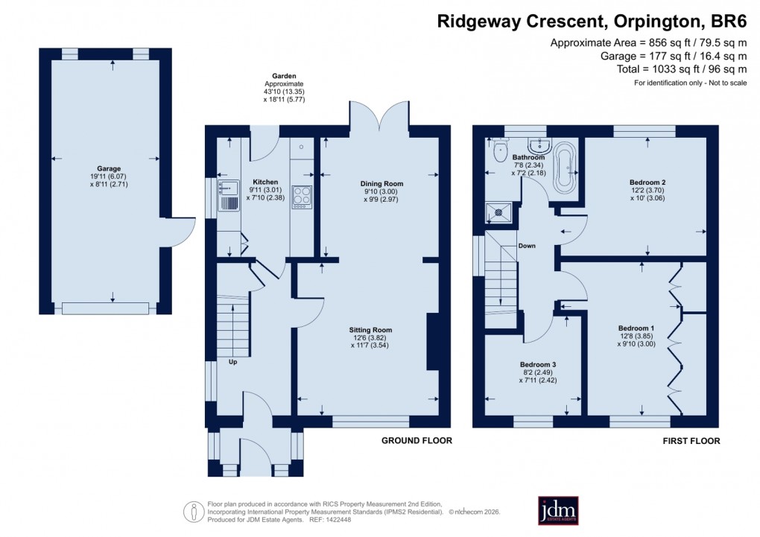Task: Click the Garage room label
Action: click(x=109, y=168)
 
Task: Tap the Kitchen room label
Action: click(x=265, y=182)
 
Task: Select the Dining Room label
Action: click(x=381, y=183)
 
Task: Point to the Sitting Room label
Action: click(x=370, y=329)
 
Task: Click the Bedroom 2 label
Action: click(x=647, y=182)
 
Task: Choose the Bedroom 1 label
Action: click(x=636, y=328)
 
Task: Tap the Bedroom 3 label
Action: click(x=538, y=364)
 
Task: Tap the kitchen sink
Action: click(x=227, y=193)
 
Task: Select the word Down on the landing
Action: click(x=527, y=245)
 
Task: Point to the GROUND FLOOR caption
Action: click(x=417, y=440)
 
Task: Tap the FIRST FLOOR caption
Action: click(x=691, y=441)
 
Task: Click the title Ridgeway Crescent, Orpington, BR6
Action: click(x=592, y=22)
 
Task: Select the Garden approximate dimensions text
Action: click(x=284, y=87)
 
